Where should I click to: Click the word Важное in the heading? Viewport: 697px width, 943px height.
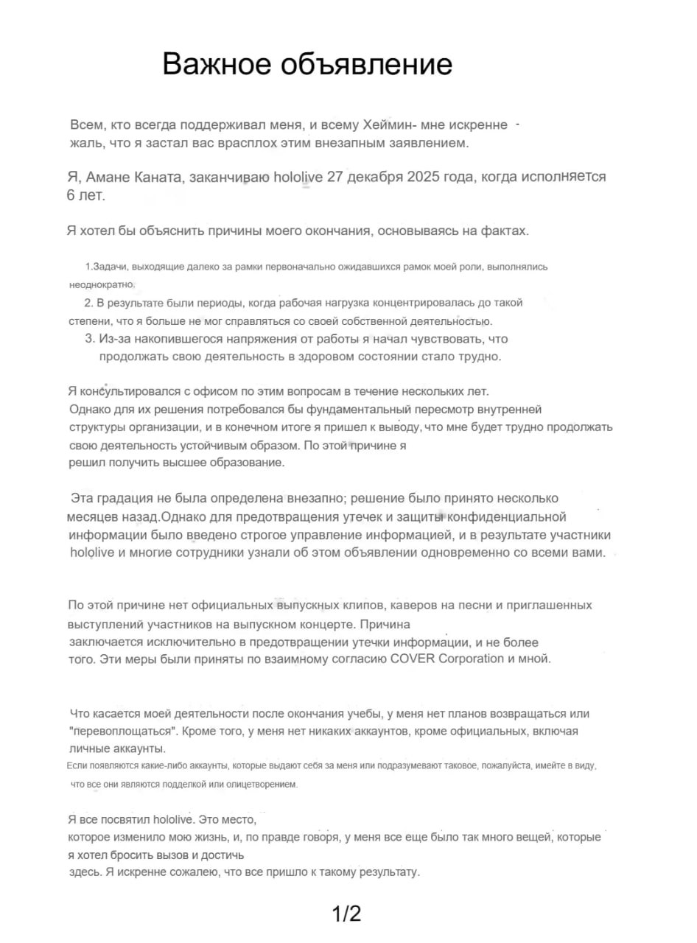(214, 65)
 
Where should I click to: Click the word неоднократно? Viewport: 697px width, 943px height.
(102, 284)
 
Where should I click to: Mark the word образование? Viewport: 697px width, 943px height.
(248, 463)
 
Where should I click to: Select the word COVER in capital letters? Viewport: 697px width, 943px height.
(412, 659)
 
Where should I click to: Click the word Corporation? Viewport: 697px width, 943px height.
(472, 659)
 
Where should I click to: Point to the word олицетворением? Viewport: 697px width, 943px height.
(255, 785)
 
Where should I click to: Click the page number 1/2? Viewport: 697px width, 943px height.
(346, 914)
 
